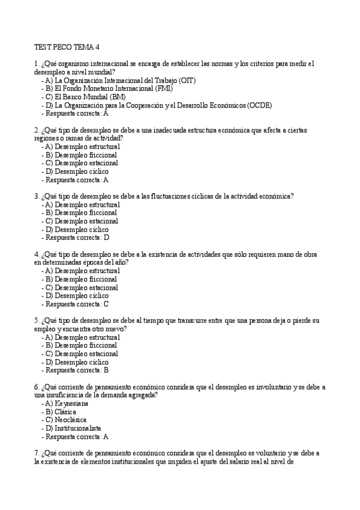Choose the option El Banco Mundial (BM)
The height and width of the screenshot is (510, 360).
[85, 97]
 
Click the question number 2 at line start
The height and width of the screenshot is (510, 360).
[37, 130]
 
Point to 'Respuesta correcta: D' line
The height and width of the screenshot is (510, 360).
[77, 238]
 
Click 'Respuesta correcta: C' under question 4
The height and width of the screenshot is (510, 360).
[77, 304]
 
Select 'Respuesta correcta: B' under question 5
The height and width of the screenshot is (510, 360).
[77, 370]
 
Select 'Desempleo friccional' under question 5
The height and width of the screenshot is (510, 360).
[82, 346]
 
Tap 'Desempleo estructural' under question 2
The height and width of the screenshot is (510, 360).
[83, 146]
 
